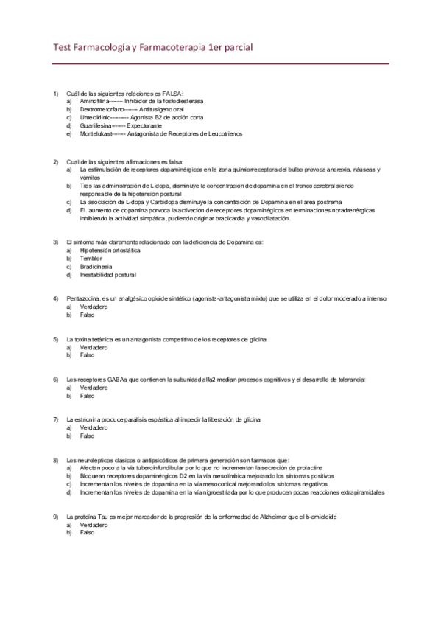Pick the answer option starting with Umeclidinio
click(x=133, y=117)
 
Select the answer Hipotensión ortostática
click(x=110, y=250)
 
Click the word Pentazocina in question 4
click(x=82, y=298)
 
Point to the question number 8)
click(x=56, y=460)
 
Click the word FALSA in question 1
click(x=172, y=93)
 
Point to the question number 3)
click(x=56, y=242)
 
